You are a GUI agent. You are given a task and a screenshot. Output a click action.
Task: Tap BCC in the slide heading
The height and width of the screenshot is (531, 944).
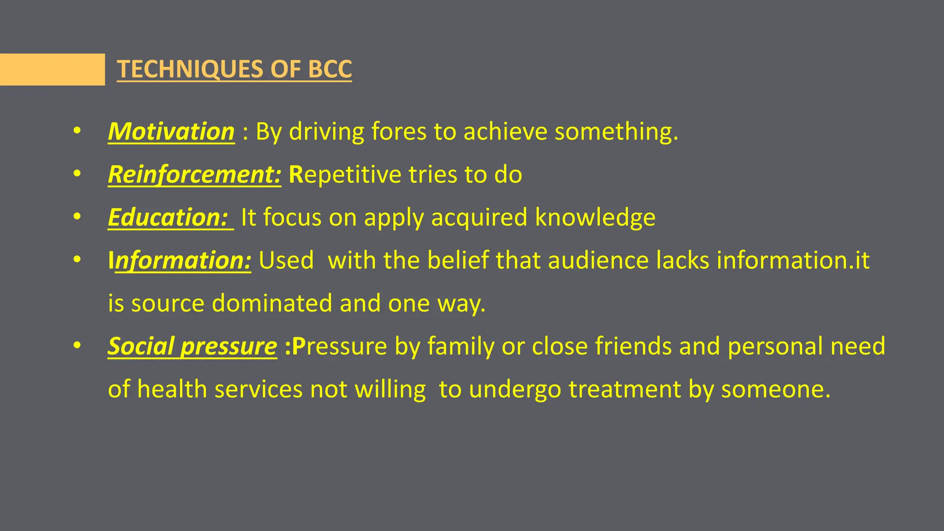[330, 69]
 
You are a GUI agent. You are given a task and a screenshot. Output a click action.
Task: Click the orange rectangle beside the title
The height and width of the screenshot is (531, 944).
[52, 70]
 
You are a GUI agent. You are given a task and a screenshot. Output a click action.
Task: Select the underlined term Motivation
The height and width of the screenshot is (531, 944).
[171, 132]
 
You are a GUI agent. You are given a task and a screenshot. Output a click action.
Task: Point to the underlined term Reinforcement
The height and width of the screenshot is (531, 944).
[194, 175]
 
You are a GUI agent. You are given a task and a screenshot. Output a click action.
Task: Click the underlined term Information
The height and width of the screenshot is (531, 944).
[180, 260]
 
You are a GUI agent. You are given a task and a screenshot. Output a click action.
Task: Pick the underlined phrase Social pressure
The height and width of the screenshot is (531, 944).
[192, 346]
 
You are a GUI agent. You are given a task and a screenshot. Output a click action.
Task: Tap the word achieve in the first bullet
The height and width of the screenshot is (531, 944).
[505, 132]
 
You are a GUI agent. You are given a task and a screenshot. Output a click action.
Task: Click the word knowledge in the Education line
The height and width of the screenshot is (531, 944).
[595, 218]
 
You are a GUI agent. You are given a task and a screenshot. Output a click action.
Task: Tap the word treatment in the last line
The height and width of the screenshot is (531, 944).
[625, 389]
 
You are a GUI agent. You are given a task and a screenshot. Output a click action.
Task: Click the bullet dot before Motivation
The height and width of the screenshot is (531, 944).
[77, 131]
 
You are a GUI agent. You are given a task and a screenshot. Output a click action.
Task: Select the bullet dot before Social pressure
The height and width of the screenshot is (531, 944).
[77, 346]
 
